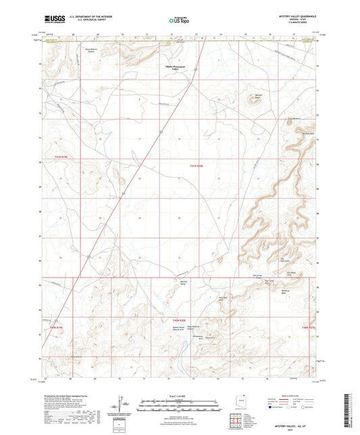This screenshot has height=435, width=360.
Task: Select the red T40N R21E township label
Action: pyautogui.click(x=309, y=326)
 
